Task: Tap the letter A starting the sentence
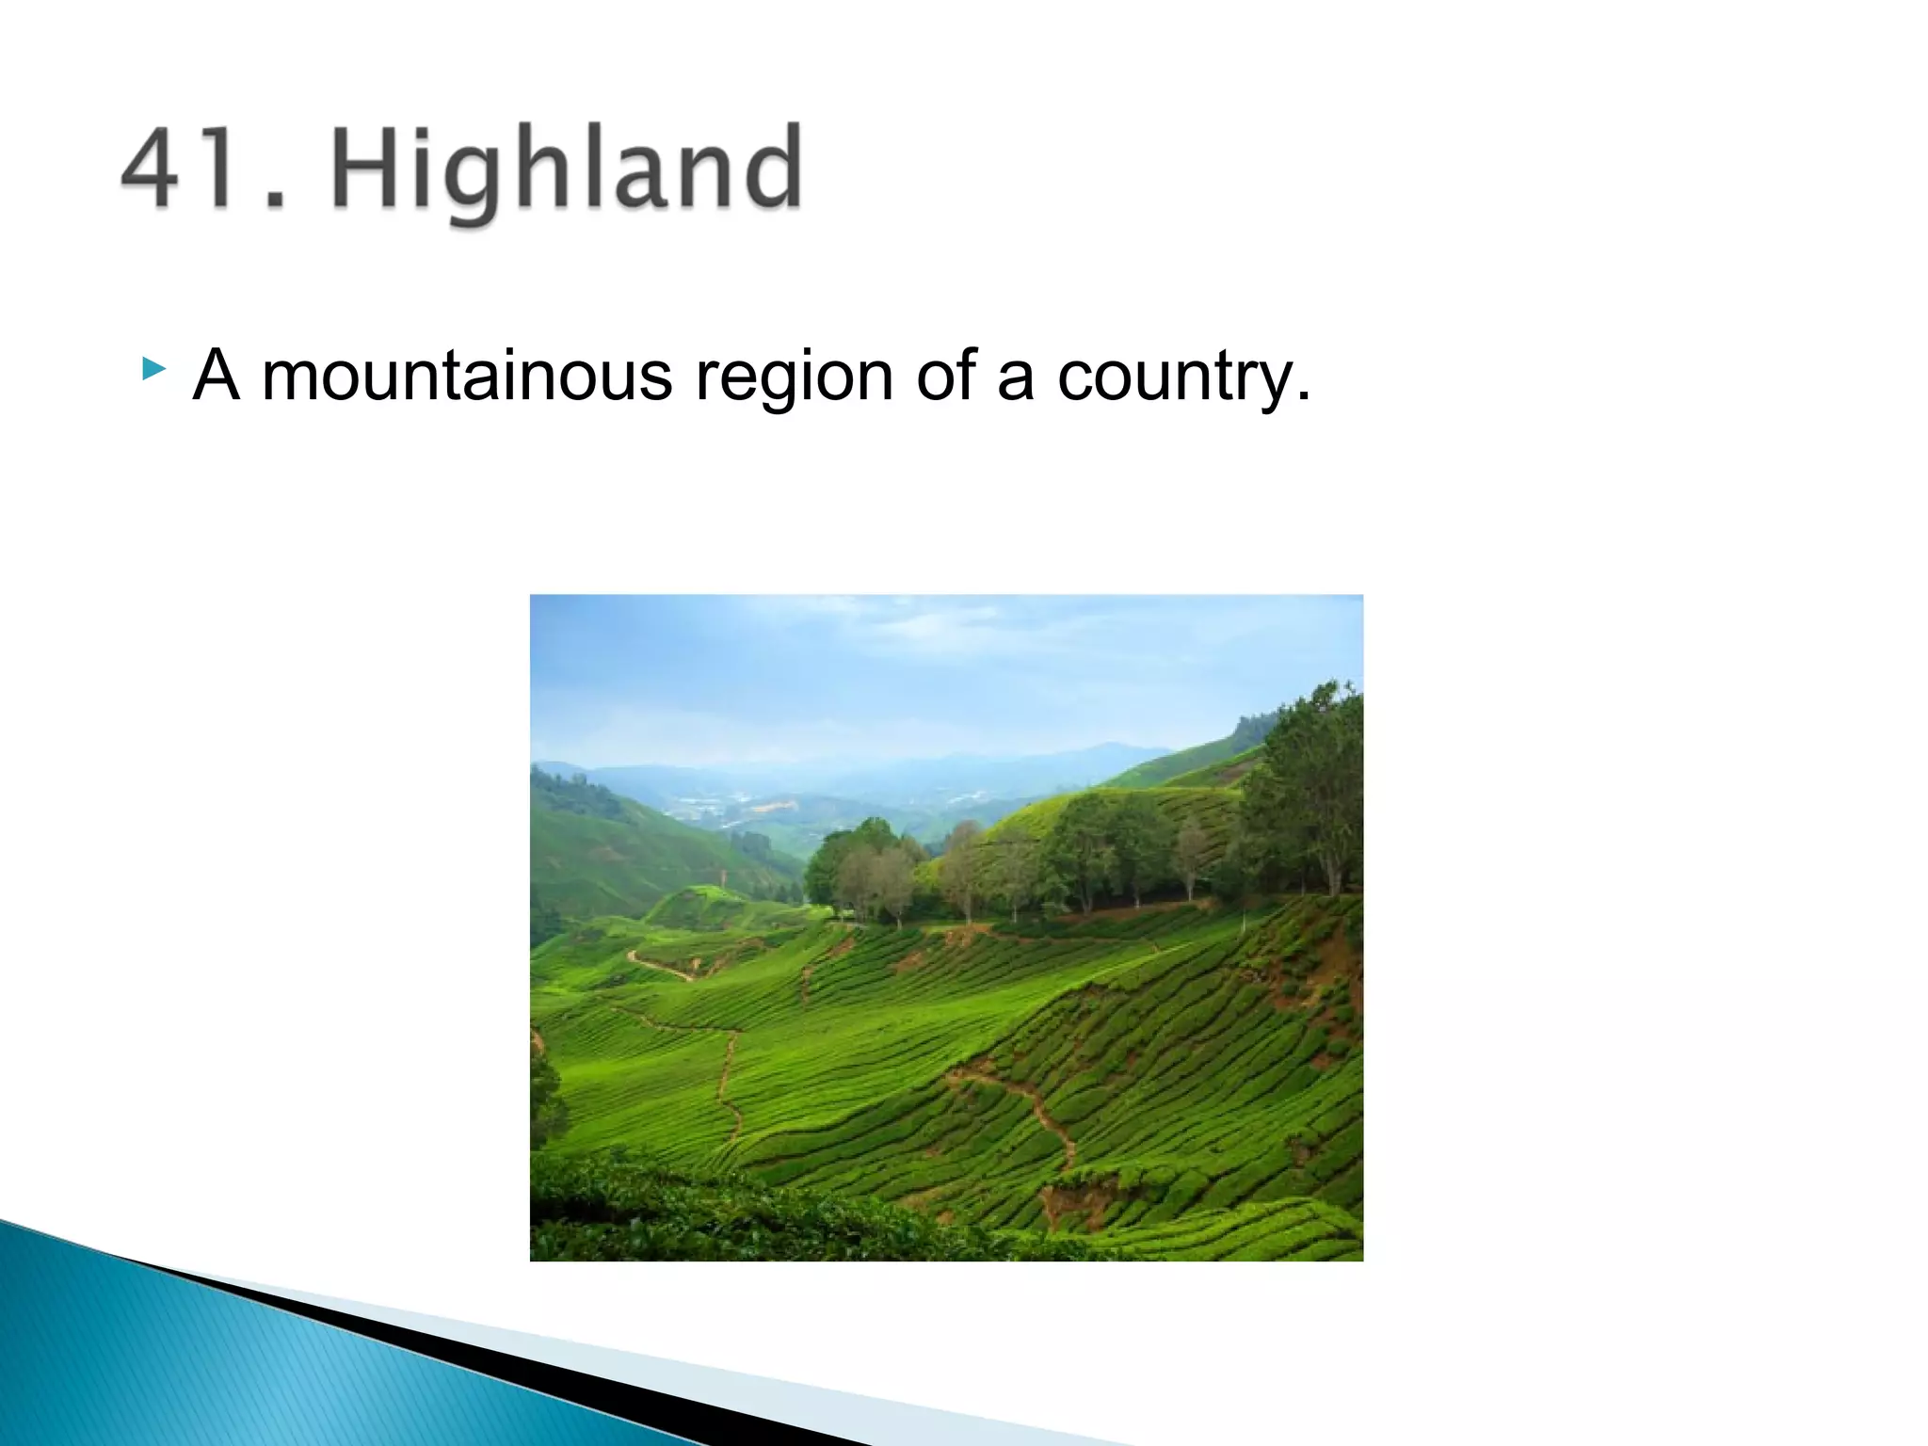click(x=216, y=376)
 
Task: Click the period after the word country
click(x=1303, y=395)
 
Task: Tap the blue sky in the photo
click(x=847, y=659)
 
